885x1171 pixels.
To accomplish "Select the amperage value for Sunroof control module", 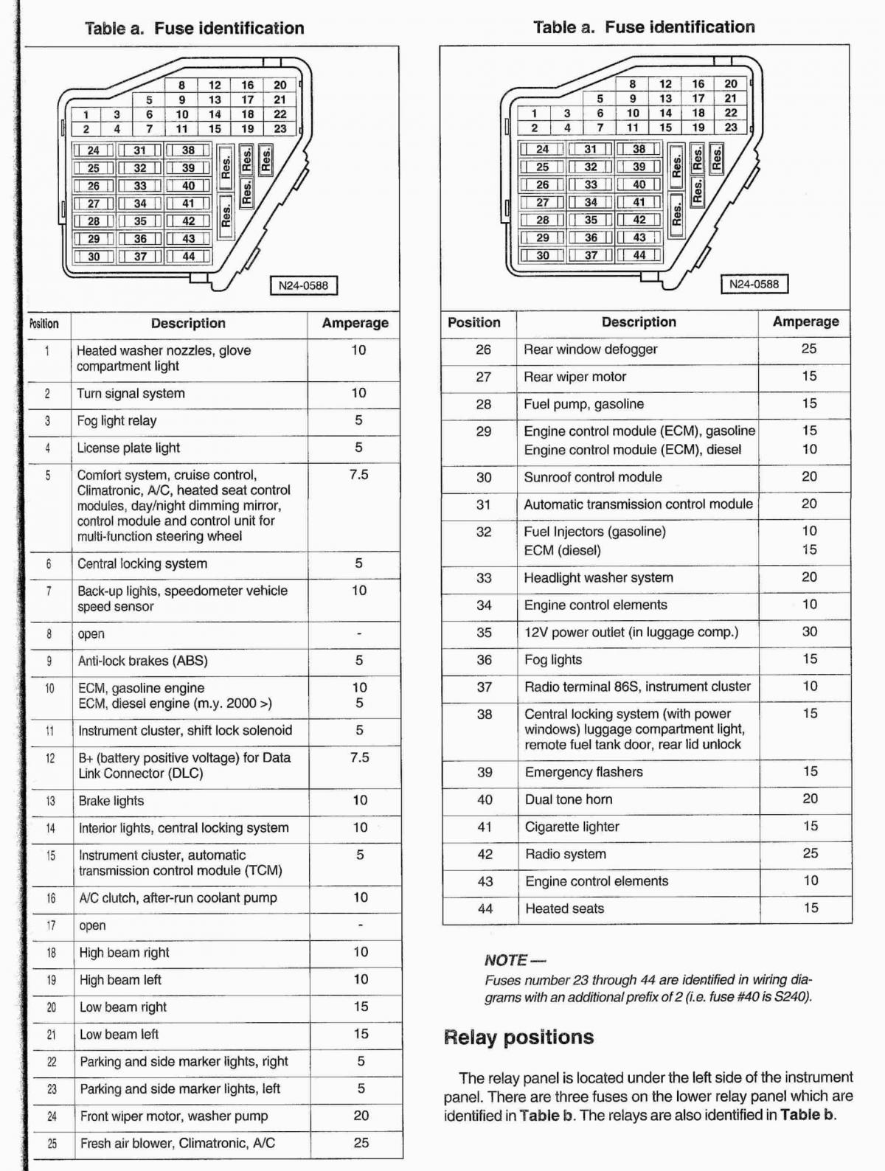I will [x=809, y=477].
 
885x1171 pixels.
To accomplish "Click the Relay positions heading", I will [x=518, y=1038].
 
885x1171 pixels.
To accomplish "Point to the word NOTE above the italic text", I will [x=506, y=960].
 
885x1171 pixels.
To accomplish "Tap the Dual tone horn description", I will [x=569, y=799].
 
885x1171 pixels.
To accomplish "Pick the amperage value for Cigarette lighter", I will [x=811, y=826].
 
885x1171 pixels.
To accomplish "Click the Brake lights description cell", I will [x=111, y=801].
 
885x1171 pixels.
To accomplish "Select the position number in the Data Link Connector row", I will [x=50, y=758].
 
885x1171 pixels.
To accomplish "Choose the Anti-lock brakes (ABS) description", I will [x=142, y=661].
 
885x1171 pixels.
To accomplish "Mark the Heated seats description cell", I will [x=564, y=908].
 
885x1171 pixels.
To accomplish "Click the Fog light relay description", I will [x=117, y=421].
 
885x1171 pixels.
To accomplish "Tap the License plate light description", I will [x=128, y=448].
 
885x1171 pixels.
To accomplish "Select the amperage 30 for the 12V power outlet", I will [x=810, y=632].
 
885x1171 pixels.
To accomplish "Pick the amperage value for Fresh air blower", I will [x=361, y=1143].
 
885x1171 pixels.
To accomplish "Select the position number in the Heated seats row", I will [x=485, y=908].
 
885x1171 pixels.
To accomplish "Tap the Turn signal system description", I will [x=131, y=394].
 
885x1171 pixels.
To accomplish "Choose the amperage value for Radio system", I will [x=811, y=853].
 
